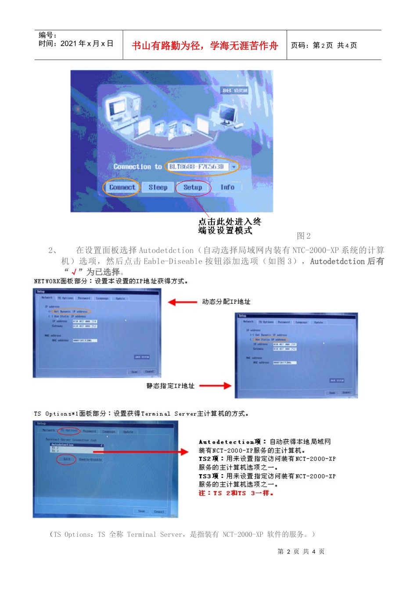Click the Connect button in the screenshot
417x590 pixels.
click(122, 187)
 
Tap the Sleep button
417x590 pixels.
click(158, 187)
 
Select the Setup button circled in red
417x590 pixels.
click(193, 187)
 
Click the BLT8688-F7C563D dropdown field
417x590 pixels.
click(200, 167)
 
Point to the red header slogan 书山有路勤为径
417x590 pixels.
click(205, 46)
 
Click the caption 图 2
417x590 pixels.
click(304, 236)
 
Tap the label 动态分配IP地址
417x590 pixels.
click(226, 302)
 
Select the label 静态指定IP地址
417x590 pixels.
click(170, 386)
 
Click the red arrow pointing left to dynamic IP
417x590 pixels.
click(183, 302)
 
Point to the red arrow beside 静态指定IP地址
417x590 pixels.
click(215, 386)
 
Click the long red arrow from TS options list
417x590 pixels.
click(147, 451)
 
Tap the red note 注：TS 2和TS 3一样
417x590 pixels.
click(236, 493)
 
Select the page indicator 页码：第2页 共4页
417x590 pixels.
click(324, 46)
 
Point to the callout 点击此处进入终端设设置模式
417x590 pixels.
click(229, 226)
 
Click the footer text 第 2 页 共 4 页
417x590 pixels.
click(301, 551)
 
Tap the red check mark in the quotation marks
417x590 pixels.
click(74, 272)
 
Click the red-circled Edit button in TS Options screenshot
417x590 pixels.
click(67, 459)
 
